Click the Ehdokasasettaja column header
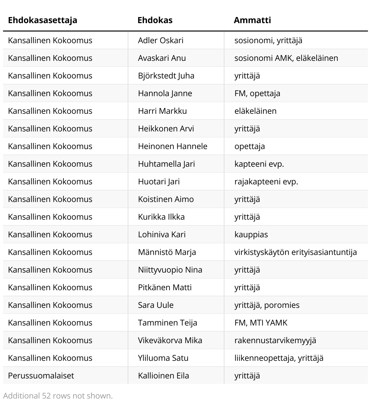[x=43, y=20]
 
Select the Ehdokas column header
[x=155, y=20]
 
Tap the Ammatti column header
[x=252, y=20]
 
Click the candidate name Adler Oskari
[x=161, y=40]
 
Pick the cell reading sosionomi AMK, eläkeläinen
[x=286, y=58]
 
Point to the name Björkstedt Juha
[x=166, y=76]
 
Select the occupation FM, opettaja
[x=257, y=93]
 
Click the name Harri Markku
[x=162, y=111]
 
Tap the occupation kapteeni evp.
[x=259, y=164]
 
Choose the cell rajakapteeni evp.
[x=266, y=182]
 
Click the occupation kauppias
[x=251, y=235]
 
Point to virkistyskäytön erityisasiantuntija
[x=295, y=252]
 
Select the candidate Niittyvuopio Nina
[x=170, y=270]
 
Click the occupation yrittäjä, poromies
[x=267, y=305]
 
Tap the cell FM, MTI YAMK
[x=261, y=323]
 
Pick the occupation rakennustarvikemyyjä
[x=275, y=340]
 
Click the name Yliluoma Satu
[x=163, y=358]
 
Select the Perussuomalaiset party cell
[x=41, y=376]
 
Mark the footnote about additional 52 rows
[x=58, y=396]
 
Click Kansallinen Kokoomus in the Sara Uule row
[x=50, y=305]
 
